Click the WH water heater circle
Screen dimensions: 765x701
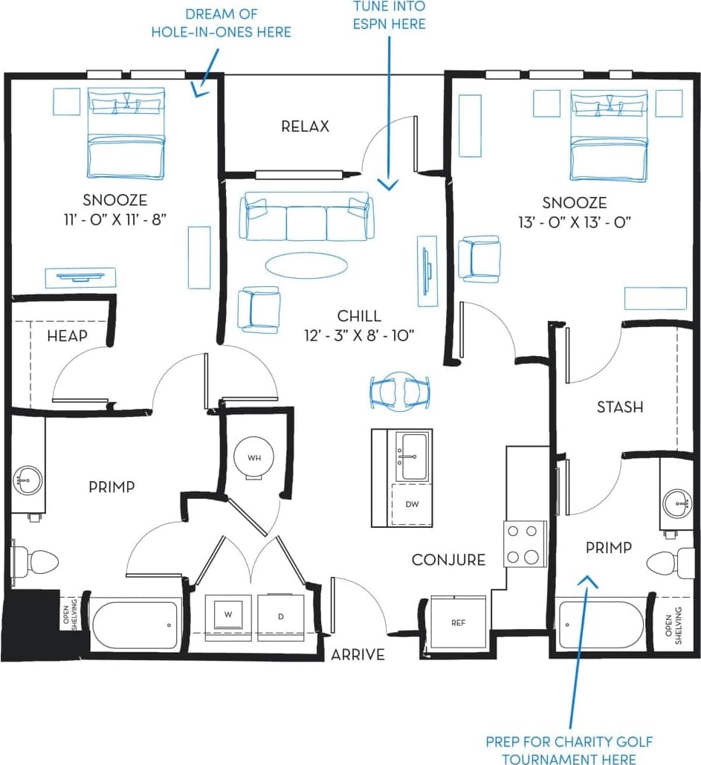[x=253, y=456]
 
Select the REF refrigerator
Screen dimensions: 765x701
[x=459, y=622]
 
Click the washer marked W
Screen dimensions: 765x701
[x=227, y=615]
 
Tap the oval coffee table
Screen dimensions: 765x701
[x=305, y=264]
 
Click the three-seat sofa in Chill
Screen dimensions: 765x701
[x=307, y=217]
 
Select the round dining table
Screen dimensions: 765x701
[x=401, y=389]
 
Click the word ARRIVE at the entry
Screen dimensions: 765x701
[x=358, y=655]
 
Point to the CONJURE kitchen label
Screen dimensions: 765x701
[x=448, y=560]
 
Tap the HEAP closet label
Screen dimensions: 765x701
[x=67, y=336]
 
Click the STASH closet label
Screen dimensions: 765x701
[x=620, y=407]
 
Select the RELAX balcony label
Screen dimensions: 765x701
[x=305, y=126]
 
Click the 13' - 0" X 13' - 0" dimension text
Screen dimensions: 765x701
[x=574, y=222]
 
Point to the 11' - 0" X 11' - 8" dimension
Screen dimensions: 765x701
[x=114, y=219]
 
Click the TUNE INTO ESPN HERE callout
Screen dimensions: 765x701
[x=390, y=16]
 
